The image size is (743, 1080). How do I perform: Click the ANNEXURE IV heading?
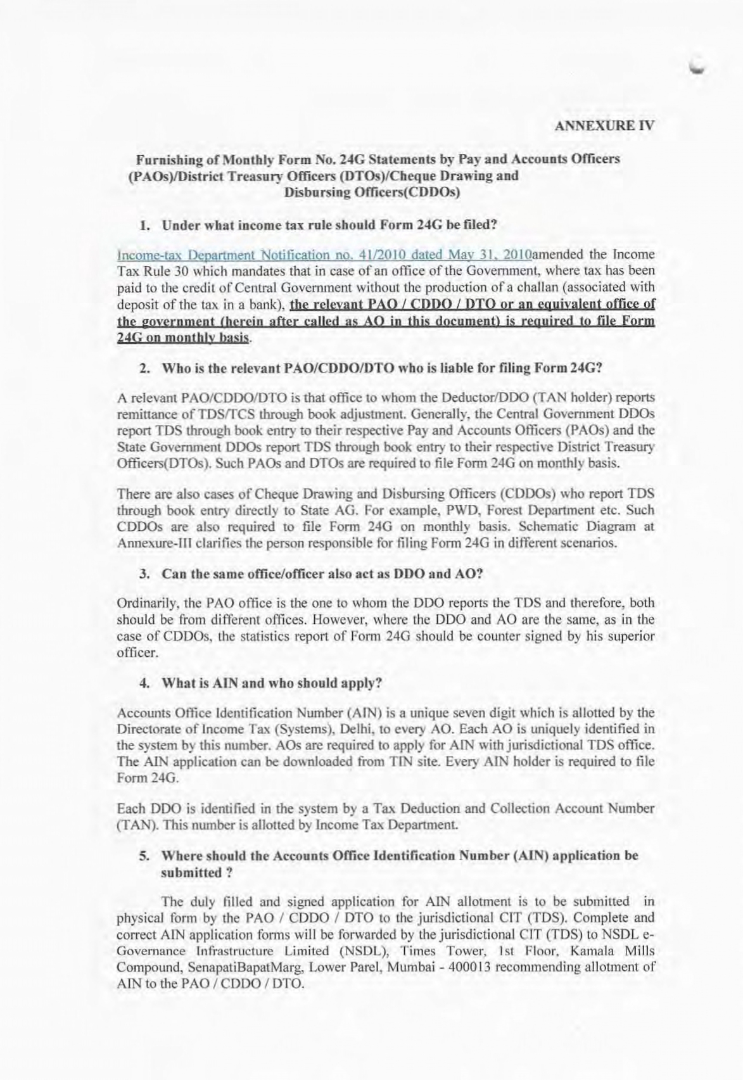[604, 125]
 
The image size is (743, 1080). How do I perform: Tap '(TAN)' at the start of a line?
[132, 825]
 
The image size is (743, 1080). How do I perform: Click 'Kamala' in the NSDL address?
[592, 951]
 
